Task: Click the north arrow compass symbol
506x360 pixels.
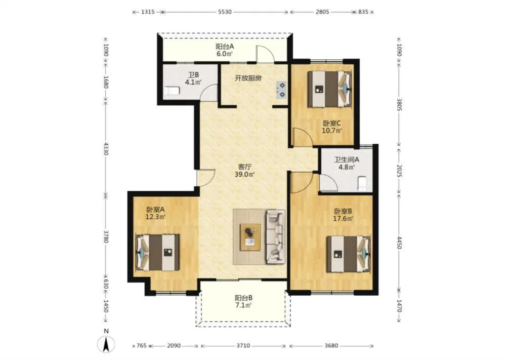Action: [106, 343]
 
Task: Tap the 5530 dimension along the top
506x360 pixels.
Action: [225, 12]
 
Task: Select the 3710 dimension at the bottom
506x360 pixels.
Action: [243, 346]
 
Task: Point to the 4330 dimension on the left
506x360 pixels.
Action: [106, 148]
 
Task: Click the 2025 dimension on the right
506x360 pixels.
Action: [399, 171]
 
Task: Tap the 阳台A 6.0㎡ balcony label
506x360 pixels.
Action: [225, 50]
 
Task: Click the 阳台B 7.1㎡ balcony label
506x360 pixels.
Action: [243, 301]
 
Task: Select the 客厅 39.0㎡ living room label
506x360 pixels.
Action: [244, 171]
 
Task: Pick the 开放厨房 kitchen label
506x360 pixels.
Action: [248, 78]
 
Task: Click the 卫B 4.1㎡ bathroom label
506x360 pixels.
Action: [193, 78]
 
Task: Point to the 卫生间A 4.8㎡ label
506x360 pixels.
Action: [347, 163]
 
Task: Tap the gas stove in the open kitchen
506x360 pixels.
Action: [281, 90]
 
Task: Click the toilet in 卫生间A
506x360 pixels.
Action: [362, 183]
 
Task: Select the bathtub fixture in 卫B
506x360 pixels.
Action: [172, 91]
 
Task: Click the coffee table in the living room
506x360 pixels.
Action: [250, 236]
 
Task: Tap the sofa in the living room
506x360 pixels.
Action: [276, 236]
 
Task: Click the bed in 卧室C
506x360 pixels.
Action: [329, 89]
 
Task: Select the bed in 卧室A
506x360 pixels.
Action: [158, 252]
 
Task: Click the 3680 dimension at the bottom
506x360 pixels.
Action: [331, 346]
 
